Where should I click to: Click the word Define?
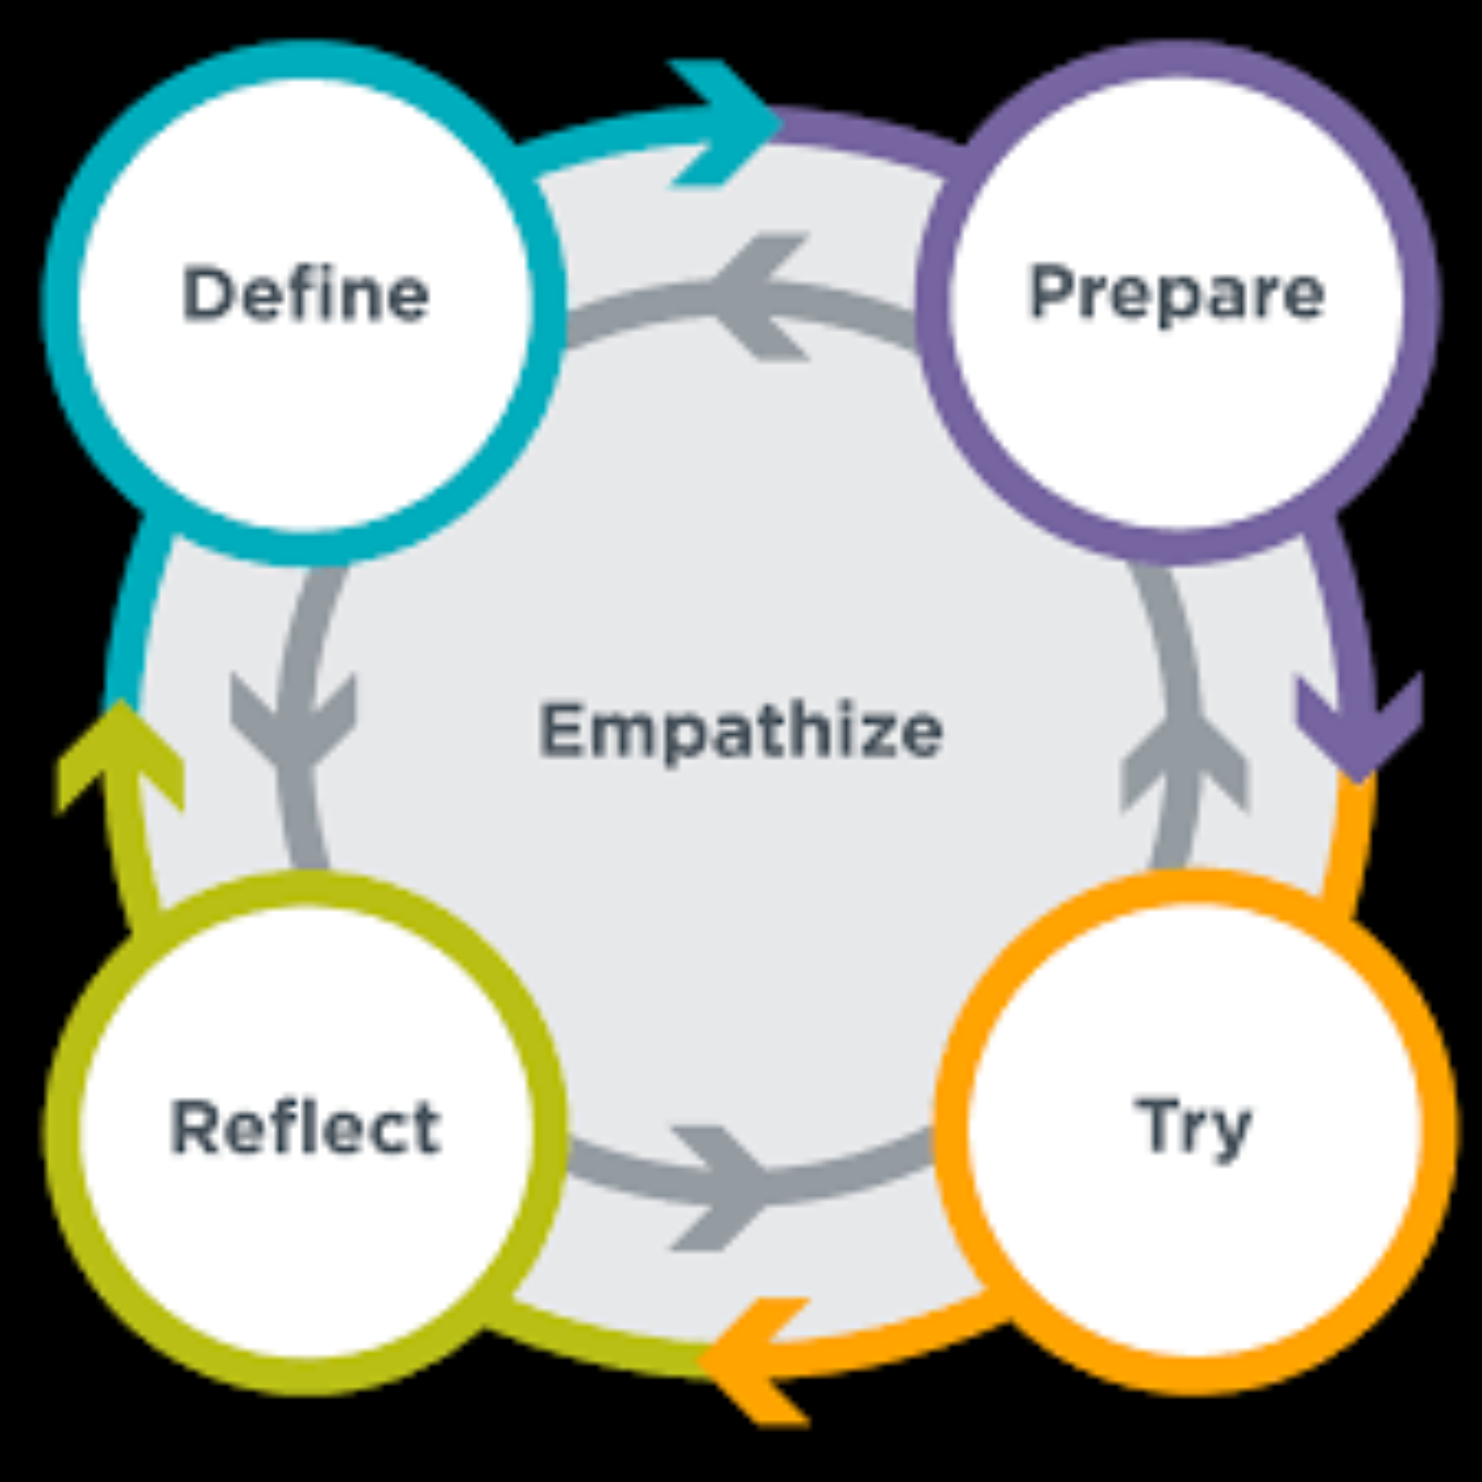coord(305,294)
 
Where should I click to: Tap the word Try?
coord(1194,1127)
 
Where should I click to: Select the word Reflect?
coord(305,1127)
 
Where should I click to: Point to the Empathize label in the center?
coord(740,730)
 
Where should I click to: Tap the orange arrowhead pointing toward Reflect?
coord(750,1360)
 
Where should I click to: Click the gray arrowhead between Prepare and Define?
coord(760,296)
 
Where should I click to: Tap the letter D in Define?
coord(205,294)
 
